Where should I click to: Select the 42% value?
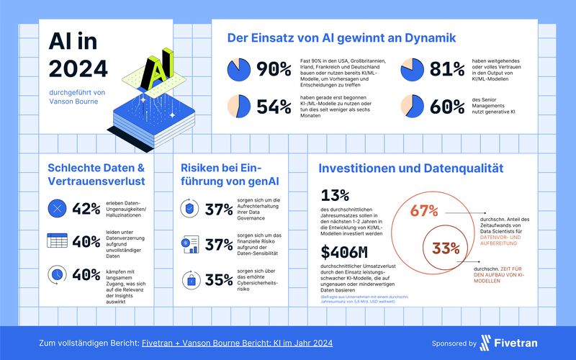[x=86, y=209]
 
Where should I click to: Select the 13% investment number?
[x=336, y=196]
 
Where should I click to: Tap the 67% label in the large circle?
[x=425, y=212]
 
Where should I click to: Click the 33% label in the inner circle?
[x=446, y=249]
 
